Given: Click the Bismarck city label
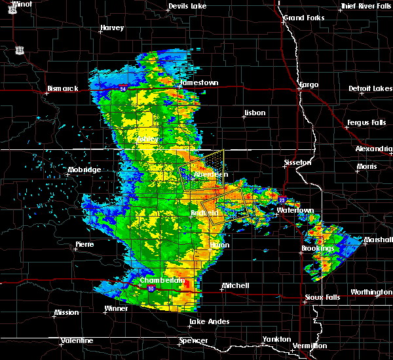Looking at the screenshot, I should pos(62,88).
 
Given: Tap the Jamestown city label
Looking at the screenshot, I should pos(199,83).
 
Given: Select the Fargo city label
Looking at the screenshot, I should pos(308,84).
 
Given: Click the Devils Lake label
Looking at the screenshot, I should pos(187,7).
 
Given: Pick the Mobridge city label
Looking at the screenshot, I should pos(84,170).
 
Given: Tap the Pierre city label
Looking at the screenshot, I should pos(85,244).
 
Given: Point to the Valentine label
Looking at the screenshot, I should pos(76,341).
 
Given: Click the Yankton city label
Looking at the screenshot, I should pos(278,339).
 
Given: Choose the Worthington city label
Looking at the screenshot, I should pos(371,292).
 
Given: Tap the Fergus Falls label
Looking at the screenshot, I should pos(365,122).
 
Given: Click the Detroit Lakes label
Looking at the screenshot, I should pos(370,88).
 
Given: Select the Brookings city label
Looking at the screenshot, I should pos(318,249).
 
